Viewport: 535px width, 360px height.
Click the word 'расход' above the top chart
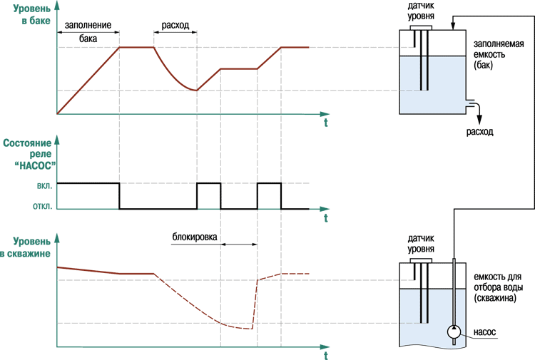pyautogui.click(x=175, y=25)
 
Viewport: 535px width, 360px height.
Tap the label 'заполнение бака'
pyautogui.click(x=88, y=31)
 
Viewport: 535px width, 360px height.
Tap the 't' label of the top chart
pyautogui.click(x=325, y=123)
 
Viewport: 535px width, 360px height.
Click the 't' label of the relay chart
pyautogui.click(x=325, y=218)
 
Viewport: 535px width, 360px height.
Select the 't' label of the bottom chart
pyautogui.click(x=325, y=355)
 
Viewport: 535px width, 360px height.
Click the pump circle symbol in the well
pyautogui.click(x=453, y=331)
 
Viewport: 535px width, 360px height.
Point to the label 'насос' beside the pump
pyautogui.click(x=484, y=331)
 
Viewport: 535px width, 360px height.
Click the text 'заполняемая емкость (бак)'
pyautogui.click(x=498, y=55)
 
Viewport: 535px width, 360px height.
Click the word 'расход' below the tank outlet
pyautogui.click(x=479, y=132)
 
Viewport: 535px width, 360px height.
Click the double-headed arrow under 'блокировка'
pyautogui.click(x=239, y=245)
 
